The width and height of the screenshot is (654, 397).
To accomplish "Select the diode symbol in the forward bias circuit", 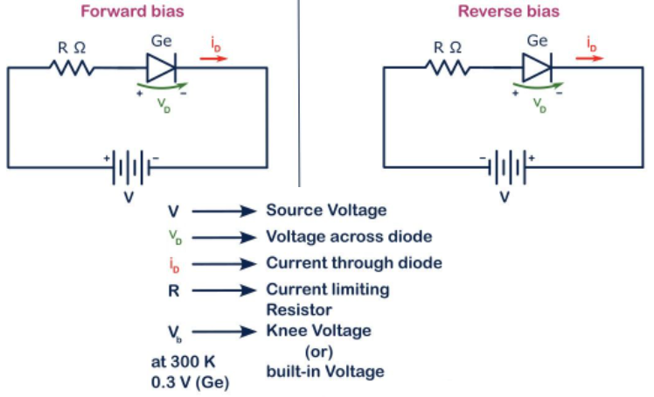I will tap(162, 67).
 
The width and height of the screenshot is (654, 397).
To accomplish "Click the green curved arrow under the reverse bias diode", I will tap(536, 87).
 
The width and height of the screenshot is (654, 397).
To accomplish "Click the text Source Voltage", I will tap(325, 211).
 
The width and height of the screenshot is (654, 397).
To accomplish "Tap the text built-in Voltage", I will tap(324, 372).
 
